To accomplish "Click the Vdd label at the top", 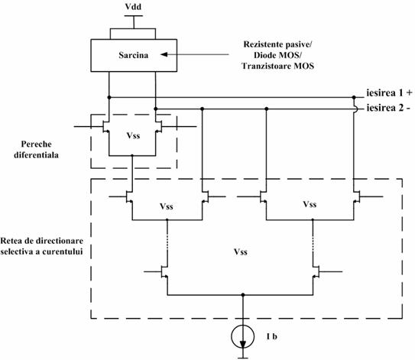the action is click(x=133, y=7).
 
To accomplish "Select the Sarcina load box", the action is click(x=134, y=55).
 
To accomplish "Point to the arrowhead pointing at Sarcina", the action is click(x=164, y=54).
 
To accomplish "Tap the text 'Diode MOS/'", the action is click(x=277, y=55).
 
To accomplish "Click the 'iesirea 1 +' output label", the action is click(x=389, y=93).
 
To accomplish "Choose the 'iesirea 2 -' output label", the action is click(x=388, y=108).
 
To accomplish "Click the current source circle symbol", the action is click(x=243, y=336).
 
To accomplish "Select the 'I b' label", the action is click(x=272, y=336).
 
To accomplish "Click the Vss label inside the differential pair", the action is click(x=133, y=135).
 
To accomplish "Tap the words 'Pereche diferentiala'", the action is click(x=36, y=149).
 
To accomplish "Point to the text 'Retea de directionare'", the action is click(x=42, y=241).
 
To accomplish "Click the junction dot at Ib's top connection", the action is click(x=243, y=295).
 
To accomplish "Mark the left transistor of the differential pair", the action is click(x=106, y=127).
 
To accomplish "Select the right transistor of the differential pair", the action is click(x=158, y=127).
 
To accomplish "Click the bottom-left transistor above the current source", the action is click(x=164, y=272).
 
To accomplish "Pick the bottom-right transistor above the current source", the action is click(x=316, y=272).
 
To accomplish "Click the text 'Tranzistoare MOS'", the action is click(x=278, y=66).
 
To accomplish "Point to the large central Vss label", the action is click(x=241, y=251).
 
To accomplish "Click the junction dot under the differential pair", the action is click(x=132, y=156).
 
